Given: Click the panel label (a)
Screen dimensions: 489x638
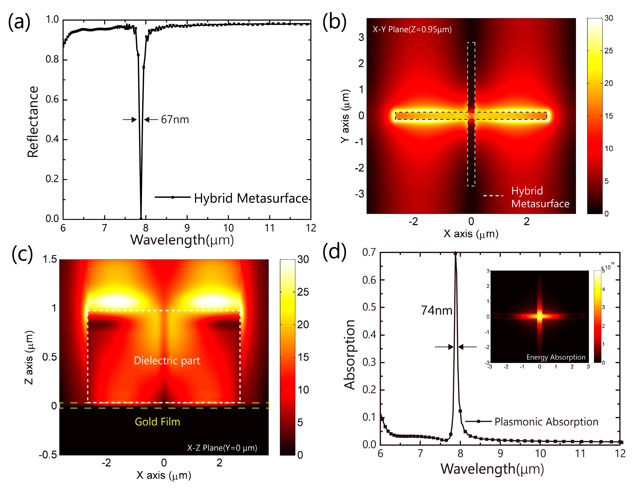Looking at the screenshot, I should click(x=19, y=22).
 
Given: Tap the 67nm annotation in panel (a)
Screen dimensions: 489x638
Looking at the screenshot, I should click(x=175, y=120).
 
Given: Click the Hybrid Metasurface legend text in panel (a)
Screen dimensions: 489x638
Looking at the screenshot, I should click(x=251, y=198).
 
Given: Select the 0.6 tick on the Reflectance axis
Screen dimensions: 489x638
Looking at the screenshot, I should click(x=52, y=99).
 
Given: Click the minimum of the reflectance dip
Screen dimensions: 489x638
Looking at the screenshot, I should click(x=141, y=218).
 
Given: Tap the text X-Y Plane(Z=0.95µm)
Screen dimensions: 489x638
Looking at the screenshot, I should click(x=412, y=29).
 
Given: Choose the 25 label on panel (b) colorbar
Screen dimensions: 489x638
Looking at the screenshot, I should click(x=608, y=51).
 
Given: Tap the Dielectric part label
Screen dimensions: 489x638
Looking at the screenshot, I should click(x=167, y=361).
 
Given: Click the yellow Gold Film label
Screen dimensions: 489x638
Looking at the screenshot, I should click(x=157, y=422).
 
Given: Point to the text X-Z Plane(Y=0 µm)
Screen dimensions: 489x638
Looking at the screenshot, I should click(x=222, y=448).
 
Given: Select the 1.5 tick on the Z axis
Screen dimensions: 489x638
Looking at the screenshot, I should click(x=50, y=259).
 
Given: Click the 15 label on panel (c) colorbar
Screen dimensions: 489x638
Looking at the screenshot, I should click(x=303, y=357).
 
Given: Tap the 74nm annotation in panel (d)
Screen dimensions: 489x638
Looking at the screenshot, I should click(x=436, y=311).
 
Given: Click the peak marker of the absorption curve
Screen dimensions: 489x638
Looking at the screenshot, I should click(x=455, y=254).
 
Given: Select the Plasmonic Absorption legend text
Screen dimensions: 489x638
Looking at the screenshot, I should click(x=546, y=422).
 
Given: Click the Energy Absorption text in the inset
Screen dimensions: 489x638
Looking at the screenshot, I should click(x=556, y=357).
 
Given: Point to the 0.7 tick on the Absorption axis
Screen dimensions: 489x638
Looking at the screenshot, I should click(x=369, y=252).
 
